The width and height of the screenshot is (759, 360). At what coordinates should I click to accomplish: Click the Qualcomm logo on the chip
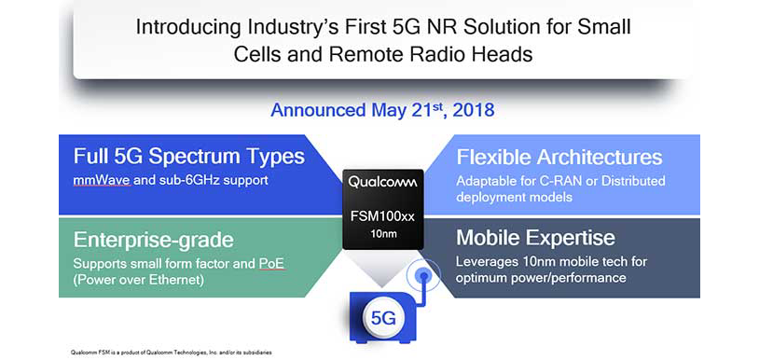point(383,180)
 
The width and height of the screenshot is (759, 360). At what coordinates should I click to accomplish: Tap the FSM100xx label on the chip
point(383,216)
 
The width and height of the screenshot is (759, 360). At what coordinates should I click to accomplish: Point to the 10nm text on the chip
point(383,233)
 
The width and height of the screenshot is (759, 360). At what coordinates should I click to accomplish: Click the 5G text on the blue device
point(383,318)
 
